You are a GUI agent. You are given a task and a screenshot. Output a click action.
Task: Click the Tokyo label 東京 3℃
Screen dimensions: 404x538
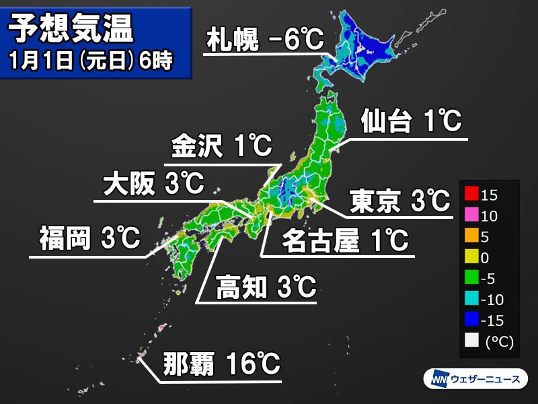[x=399, y=200]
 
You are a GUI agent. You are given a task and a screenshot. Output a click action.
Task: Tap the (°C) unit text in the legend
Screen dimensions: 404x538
[x=498, y=342]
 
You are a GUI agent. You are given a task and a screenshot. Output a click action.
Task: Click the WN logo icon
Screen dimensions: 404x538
[x=438, y=379]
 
